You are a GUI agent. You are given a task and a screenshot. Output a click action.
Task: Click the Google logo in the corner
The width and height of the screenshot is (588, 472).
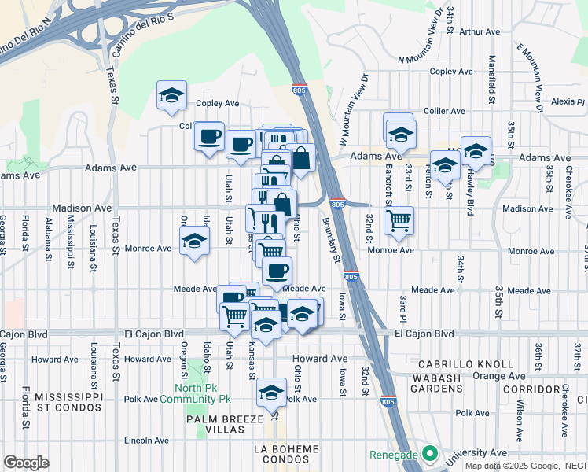click(x=26, y=463)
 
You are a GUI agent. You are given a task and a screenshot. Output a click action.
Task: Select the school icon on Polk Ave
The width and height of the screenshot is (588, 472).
click(x=272, y=392)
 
